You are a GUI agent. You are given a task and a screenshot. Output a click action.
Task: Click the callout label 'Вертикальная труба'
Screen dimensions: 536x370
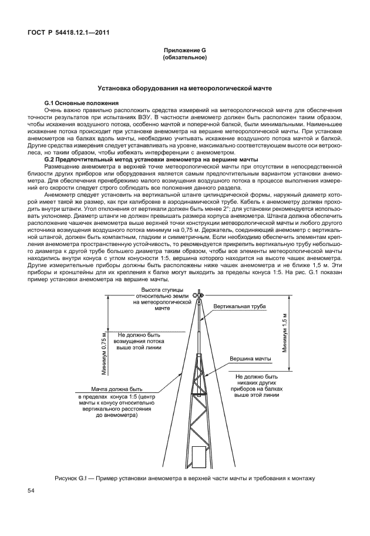[x=240, y=306]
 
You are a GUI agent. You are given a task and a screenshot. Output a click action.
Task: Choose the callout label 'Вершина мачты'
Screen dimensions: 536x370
[x=250, y=358]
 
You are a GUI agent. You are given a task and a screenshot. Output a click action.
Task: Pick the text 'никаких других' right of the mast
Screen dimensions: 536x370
[x=255, y=382]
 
